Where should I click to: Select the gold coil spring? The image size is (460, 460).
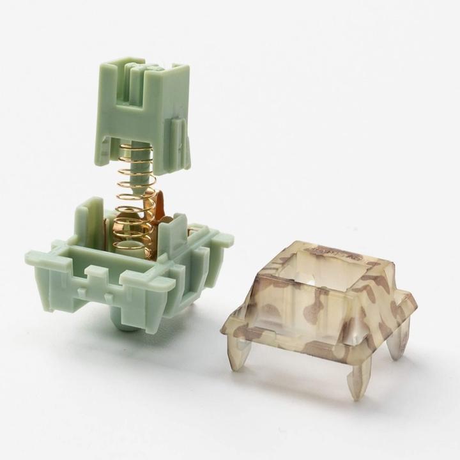(x=135, y=192)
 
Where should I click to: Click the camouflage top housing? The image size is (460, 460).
(x=319, y=307)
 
